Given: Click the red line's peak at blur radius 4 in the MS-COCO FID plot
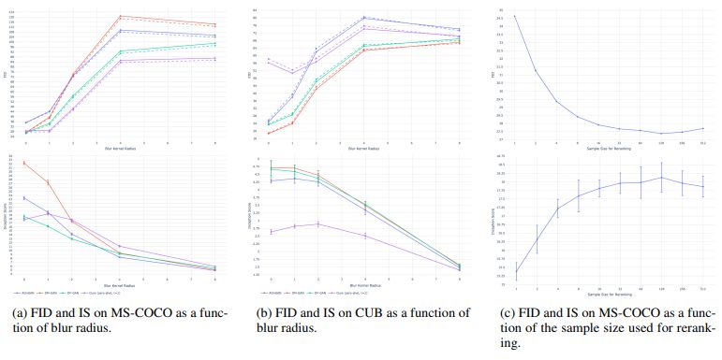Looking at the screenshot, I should [x=121, y=16].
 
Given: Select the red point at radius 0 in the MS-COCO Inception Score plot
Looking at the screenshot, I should [x=24, y=163].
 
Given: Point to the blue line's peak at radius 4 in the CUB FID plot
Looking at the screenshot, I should [x=364, y=17].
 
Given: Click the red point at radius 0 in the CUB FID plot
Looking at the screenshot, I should [x=269, y=133].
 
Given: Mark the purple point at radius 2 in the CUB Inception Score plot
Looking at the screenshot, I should [x=317, y=223].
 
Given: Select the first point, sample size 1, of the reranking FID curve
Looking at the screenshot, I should [x=516, y=16].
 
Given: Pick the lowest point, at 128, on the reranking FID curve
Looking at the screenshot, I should [x=662, y=134].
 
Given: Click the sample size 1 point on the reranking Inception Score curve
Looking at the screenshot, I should [x=516, y=272].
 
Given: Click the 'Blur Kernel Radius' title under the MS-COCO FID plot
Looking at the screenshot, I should [x=120, y=148].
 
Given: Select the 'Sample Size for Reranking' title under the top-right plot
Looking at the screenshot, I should [x=610, y=148].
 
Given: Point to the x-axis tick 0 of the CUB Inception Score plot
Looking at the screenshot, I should [x=270, y=279].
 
